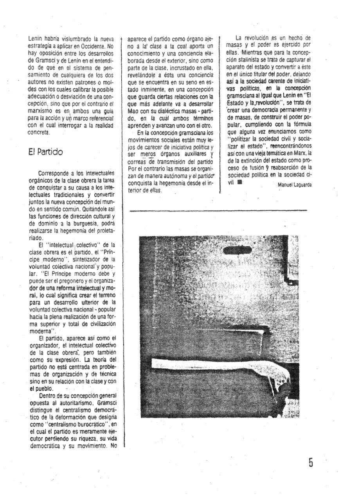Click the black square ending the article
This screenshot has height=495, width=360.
point(239,181)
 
